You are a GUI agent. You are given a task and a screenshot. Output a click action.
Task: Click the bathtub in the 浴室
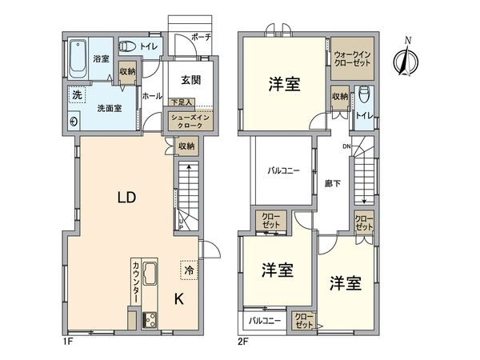point(78,57)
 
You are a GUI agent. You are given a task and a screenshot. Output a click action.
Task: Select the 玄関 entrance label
point(190,80)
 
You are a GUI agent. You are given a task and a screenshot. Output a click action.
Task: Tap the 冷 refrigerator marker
point(188,271)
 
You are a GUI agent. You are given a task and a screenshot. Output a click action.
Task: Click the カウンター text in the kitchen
point(137,281)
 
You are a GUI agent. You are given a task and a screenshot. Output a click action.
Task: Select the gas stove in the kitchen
point(150,320)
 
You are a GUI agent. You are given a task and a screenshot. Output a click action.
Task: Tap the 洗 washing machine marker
point(77,95)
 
